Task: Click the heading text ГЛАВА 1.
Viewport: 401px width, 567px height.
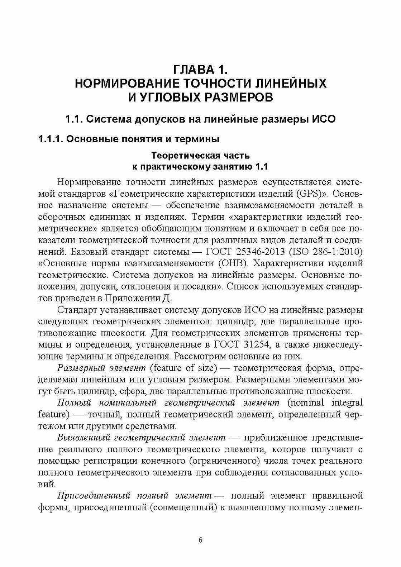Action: coord(200,69)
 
